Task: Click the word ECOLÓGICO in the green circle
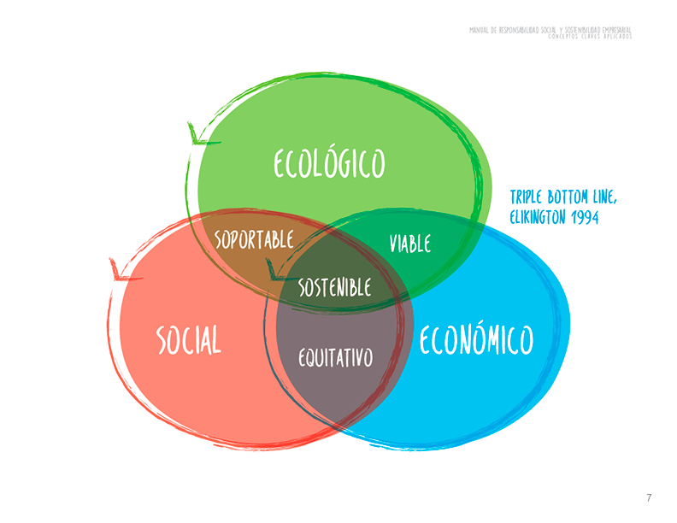(x=329, y=164)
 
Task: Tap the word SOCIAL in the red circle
(x=189, y=340)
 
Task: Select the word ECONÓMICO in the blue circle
(x=476, y=340)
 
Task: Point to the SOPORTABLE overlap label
(x=254, y=238)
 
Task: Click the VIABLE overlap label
(x=410, y=244)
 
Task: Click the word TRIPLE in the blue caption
(x=530, y=198)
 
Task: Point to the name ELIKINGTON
(x=539, y=218)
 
